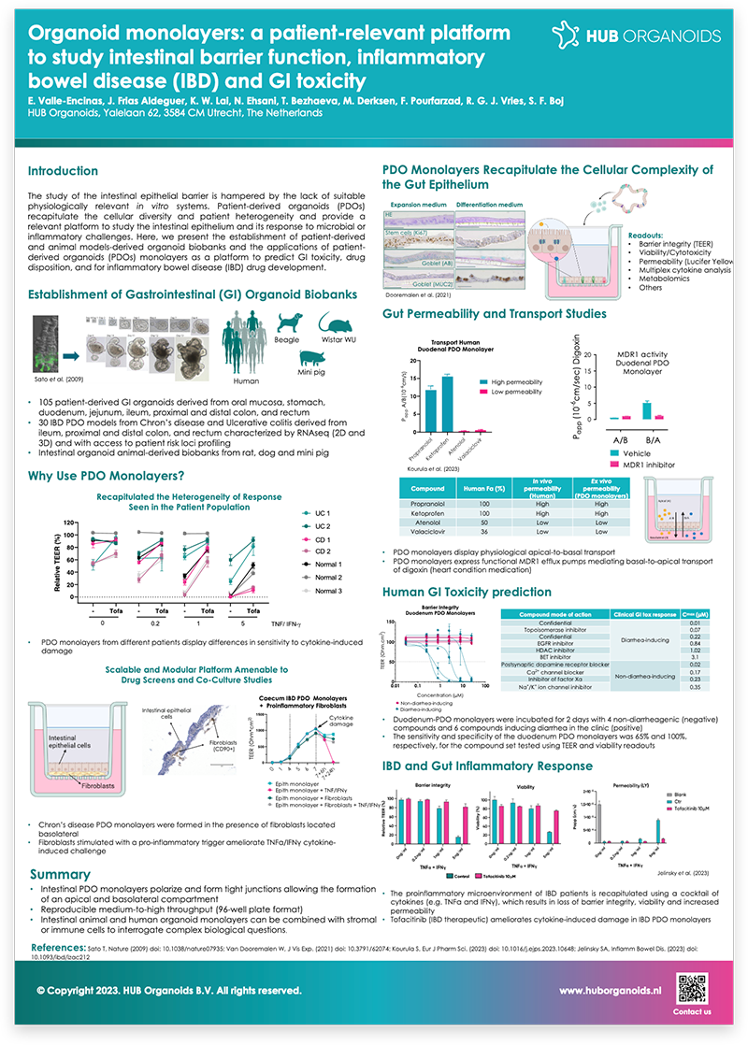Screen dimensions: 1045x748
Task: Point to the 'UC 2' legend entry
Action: pos(326,526)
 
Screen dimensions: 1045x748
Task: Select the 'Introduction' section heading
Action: pos(63,171)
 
